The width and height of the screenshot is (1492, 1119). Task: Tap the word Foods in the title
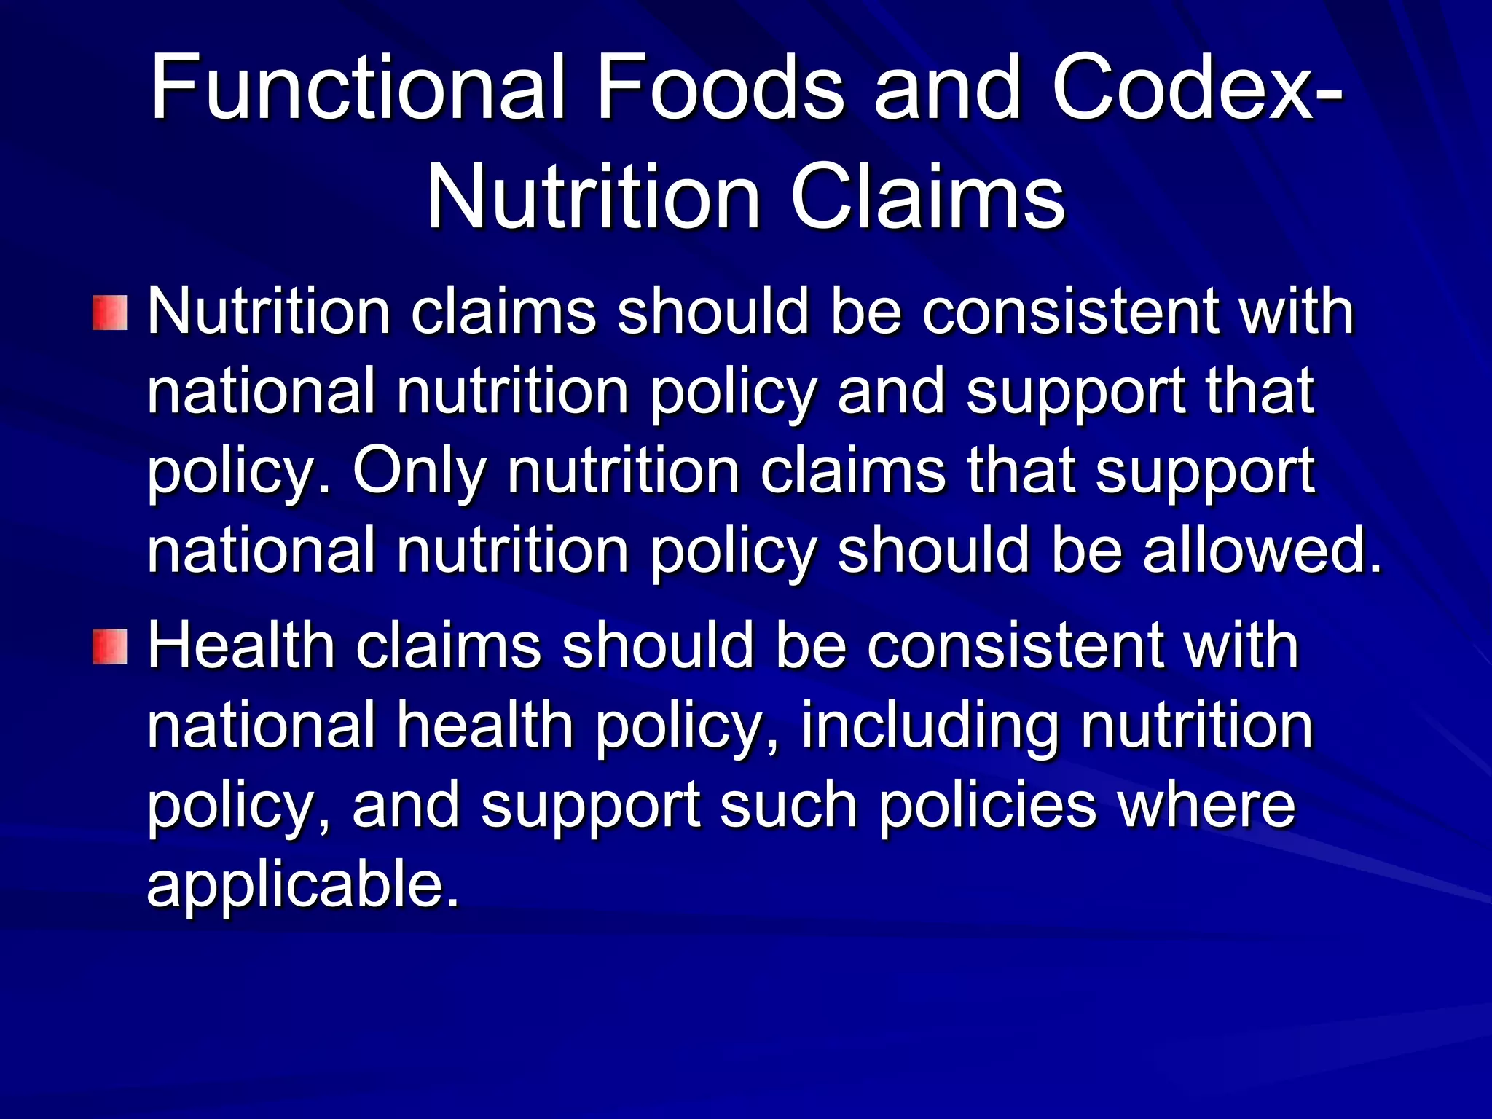(x=720, y=89)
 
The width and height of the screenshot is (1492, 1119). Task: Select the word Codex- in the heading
(x=1195, y=89)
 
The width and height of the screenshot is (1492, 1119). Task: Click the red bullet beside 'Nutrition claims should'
(x=110, y=313)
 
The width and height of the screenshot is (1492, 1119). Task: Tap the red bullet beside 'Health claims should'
(x=110, y=647)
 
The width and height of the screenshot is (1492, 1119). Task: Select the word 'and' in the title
(x=947, y=89)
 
